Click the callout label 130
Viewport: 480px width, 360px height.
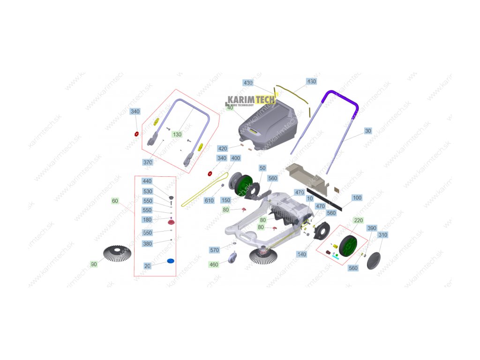tap(177, 134)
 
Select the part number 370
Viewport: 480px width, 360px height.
tap(148, 162)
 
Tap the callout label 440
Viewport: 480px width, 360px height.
tap(147, 181)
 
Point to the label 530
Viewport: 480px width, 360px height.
tap(147, 191)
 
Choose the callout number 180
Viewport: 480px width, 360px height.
tap(147, 219)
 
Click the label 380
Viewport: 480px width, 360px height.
tap(147, 243)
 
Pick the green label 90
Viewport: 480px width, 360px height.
tap(94, 264)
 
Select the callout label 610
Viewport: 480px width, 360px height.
tap(209, 200)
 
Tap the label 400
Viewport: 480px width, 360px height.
tap(235, 158)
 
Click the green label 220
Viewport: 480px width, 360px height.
tap(359, 220)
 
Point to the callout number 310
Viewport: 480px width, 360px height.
tap(382, 234)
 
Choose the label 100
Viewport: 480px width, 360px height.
tap(357, 198)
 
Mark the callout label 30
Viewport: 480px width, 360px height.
tap(368, 131)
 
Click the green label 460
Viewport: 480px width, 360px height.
tap(214, 265)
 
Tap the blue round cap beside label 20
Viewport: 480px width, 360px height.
tap(171, 261)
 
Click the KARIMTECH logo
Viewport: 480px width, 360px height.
tap(252, 99)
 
